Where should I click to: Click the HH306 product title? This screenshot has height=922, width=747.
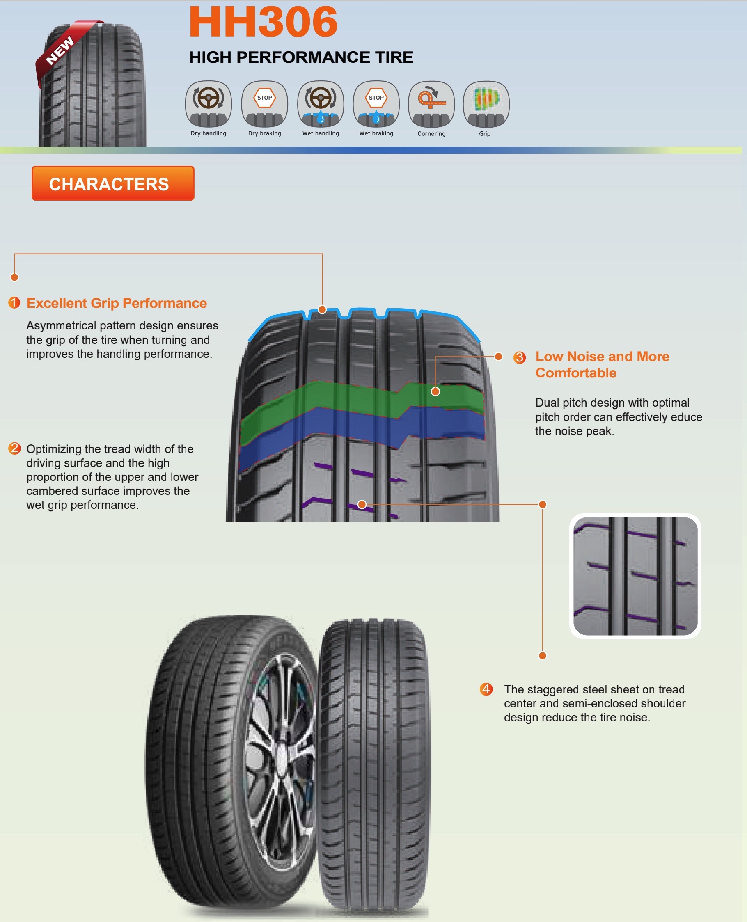pos(263,21)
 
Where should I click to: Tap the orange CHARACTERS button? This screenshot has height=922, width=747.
pos(113,183)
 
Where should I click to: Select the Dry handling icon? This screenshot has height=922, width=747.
pos(208,104)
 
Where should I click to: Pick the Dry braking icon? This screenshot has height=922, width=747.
pos(264,104)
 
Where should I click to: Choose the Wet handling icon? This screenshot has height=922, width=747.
pos(321,104)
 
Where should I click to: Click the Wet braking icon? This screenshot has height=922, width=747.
pos(376,104)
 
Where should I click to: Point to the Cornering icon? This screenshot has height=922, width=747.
pos(431,104)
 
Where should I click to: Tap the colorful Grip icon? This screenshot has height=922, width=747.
pos(486,104)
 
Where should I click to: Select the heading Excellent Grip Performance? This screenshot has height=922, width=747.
pos(117,303)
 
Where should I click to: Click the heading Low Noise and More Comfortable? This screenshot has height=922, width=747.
pos(602,364)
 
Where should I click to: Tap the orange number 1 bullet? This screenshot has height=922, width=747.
pos(14,302)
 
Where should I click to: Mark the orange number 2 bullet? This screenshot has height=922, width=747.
pos(14,448)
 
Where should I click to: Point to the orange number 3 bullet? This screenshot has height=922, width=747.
pos(519,357)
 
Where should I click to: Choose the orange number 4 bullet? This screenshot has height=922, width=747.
pos(486,689)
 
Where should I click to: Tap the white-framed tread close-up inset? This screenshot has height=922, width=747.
pos(635,576)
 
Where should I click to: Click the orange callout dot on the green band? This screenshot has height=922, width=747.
pos(435,391)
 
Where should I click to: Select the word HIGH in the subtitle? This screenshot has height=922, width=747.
pos(211,57)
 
